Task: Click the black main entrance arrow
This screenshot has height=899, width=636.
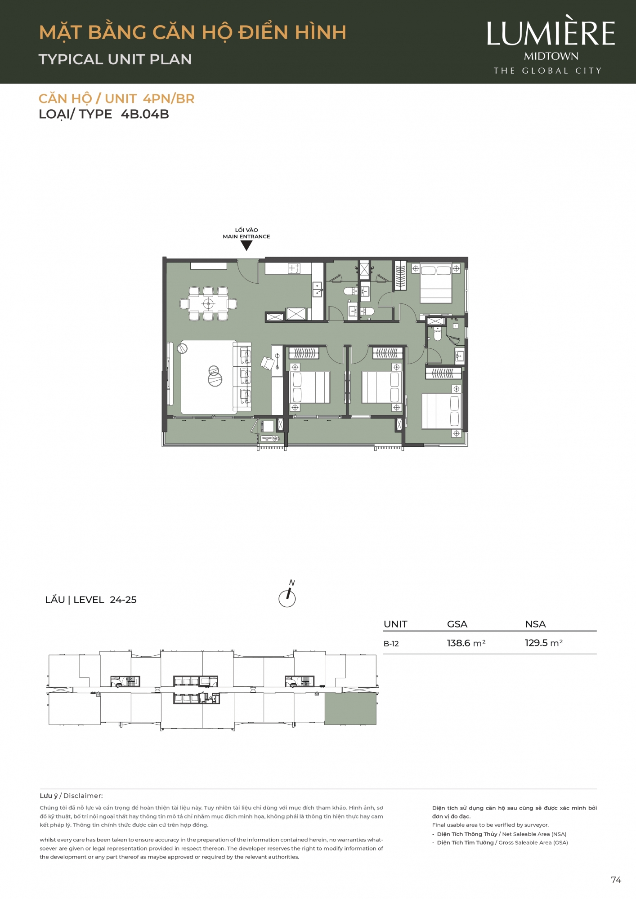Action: click(246, 245)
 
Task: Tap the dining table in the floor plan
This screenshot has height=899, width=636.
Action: click(208, 304)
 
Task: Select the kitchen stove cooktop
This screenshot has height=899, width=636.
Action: click(294, 268)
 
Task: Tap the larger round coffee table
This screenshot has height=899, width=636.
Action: click(215, 379)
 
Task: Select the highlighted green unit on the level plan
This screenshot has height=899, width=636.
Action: click(350, 708)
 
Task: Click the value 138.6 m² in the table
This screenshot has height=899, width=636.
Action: click(466, 643)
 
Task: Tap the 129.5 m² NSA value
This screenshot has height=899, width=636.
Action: click(544, 643)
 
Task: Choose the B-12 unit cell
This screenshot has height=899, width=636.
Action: click(391, 644)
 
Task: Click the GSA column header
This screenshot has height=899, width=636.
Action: click(457, 624)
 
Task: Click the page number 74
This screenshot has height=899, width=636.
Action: click(616, 880)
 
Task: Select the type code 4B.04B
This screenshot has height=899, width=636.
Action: click(145, 114)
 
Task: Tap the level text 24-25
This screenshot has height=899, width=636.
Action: click(123, 600)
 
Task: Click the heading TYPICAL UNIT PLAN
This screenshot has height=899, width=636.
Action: click(115, 59)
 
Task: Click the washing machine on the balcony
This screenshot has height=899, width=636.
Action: click(268, 426)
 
